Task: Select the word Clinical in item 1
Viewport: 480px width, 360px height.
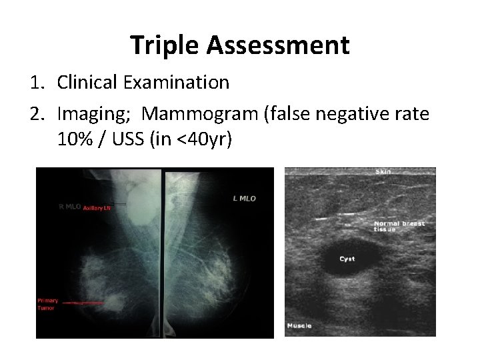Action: (86, 83)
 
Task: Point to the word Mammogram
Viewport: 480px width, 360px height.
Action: (204, 114)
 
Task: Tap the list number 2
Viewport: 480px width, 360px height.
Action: (39, 114)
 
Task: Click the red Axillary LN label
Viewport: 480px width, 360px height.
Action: (97, 208)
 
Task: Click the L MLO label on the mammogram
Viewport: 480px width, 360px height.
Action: (244, 198)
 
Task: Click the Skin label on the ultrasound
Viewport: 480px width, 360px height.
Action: (383, 172)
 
